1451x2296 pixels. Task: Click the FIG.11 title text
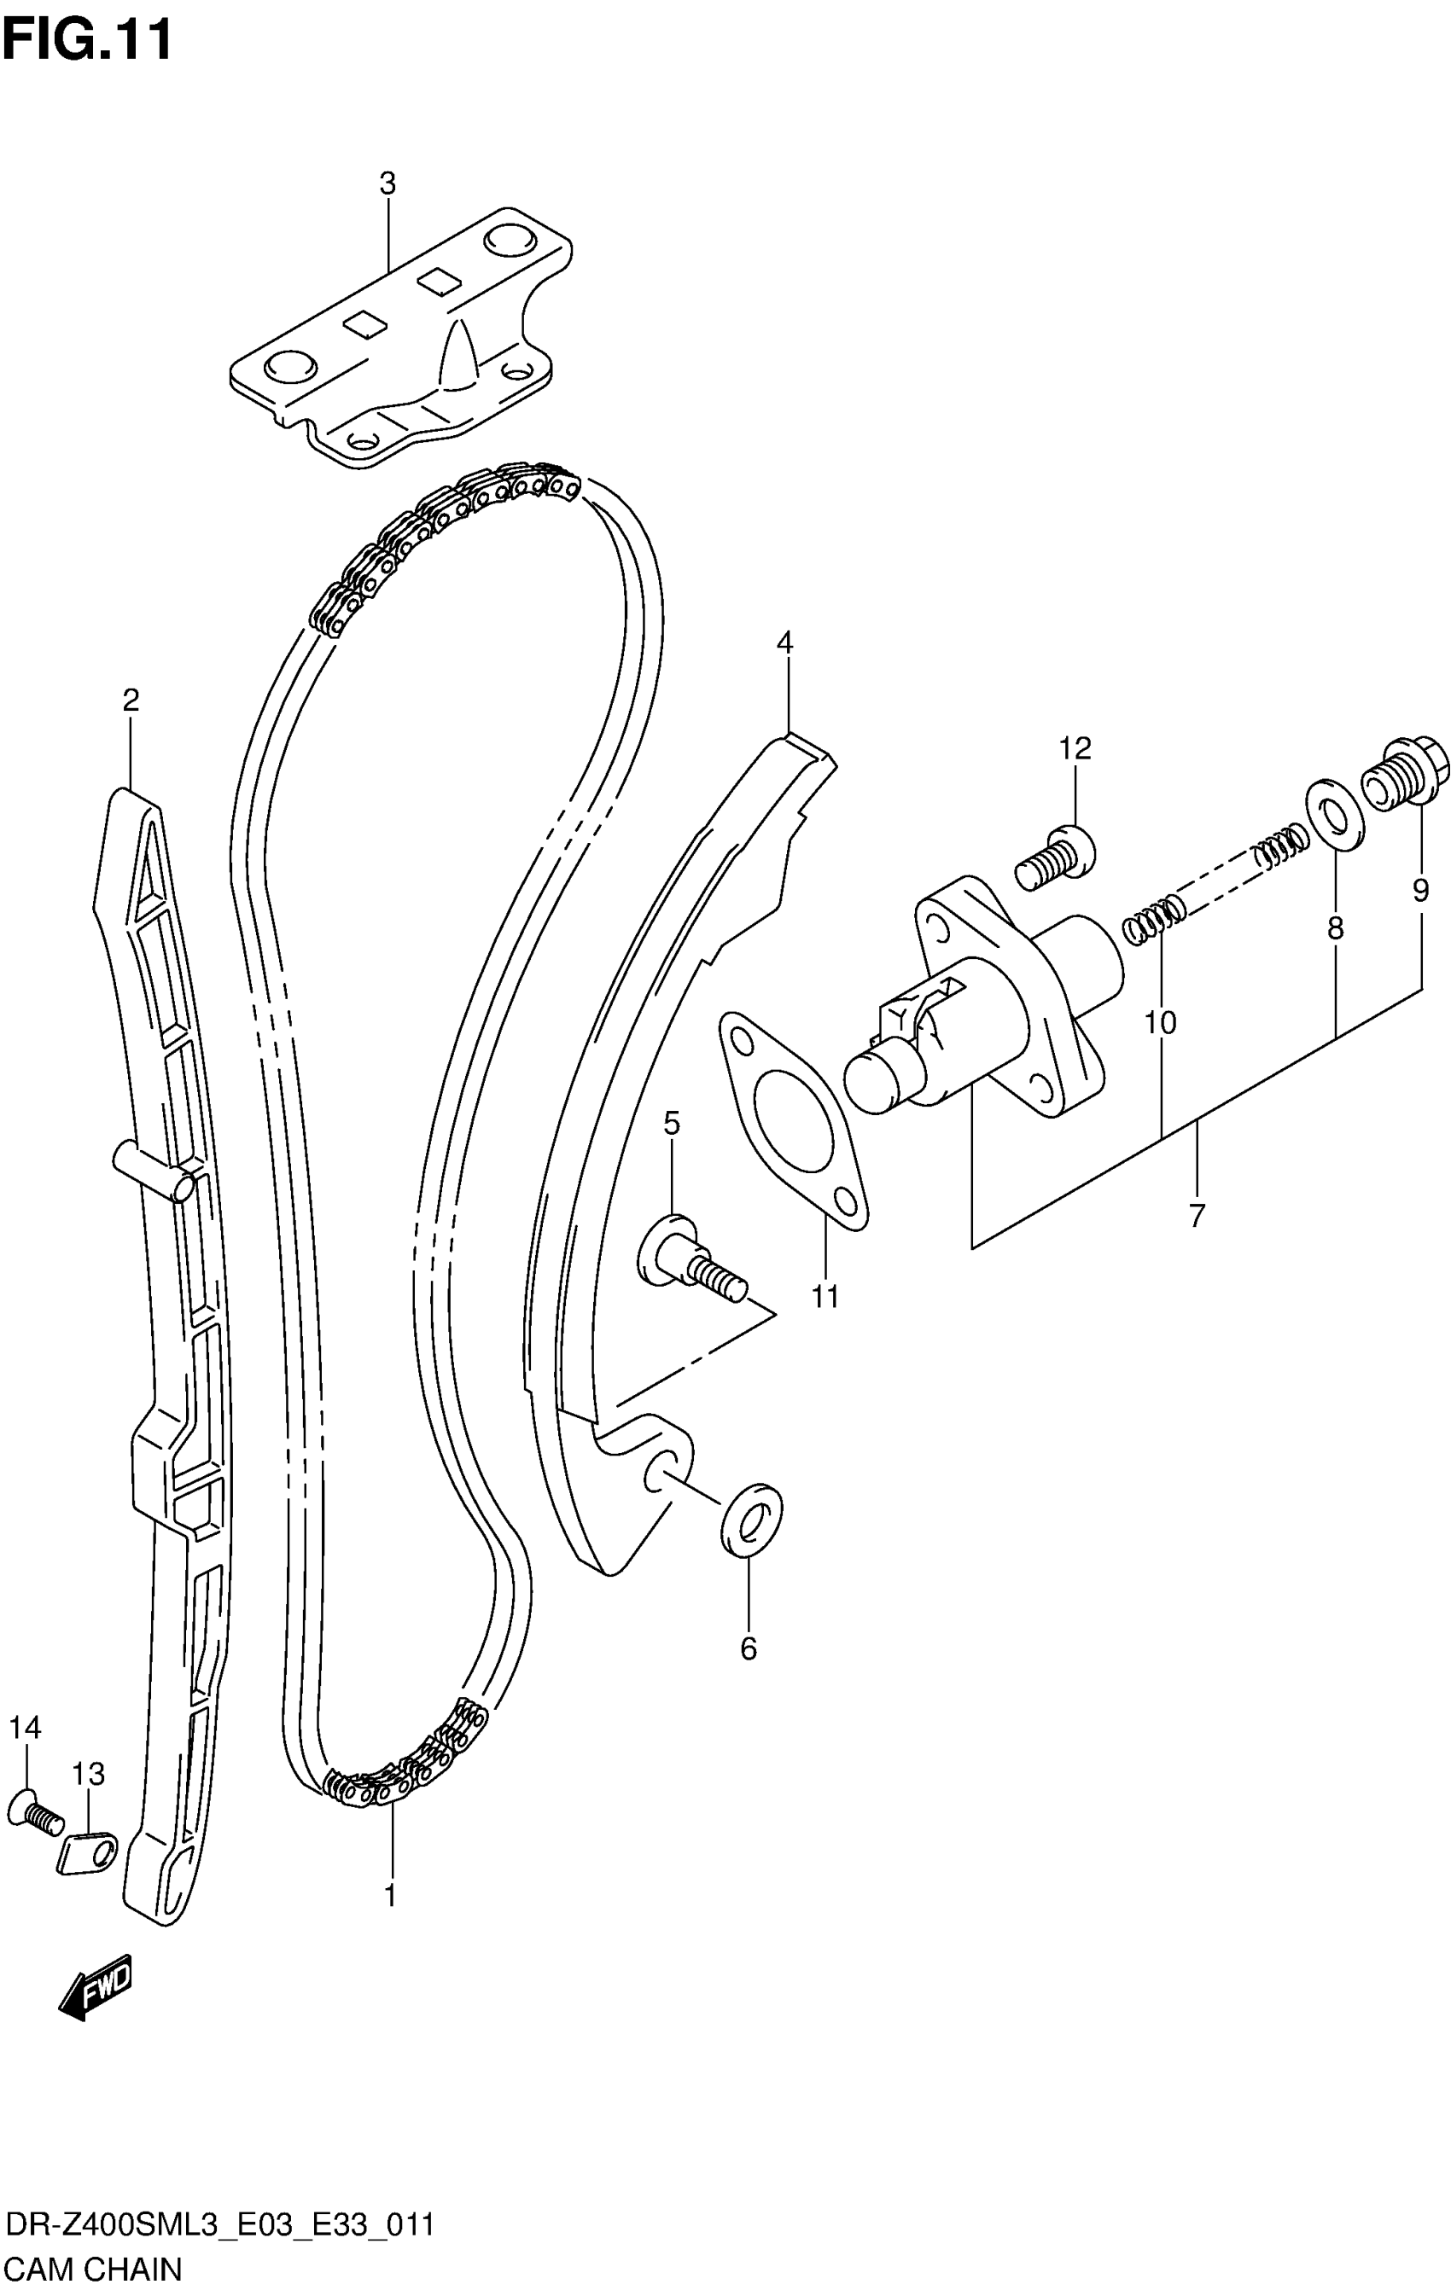88,40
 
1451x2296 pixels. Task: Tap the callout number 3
388,184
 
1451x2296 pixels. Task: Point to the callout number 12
1075,748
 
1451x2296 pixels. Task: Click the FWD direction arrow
96,1987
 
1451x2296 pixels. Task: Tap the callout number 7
1197,1215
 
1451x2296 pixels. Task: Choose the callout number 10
1160,1023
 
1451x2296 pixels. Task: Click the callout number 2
131,700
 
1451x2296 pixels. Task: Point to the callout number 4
784,642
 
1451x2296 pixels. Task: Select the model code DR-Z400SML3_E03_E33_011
219,2225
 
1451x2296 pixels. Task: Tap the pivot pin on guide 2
153,1168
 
